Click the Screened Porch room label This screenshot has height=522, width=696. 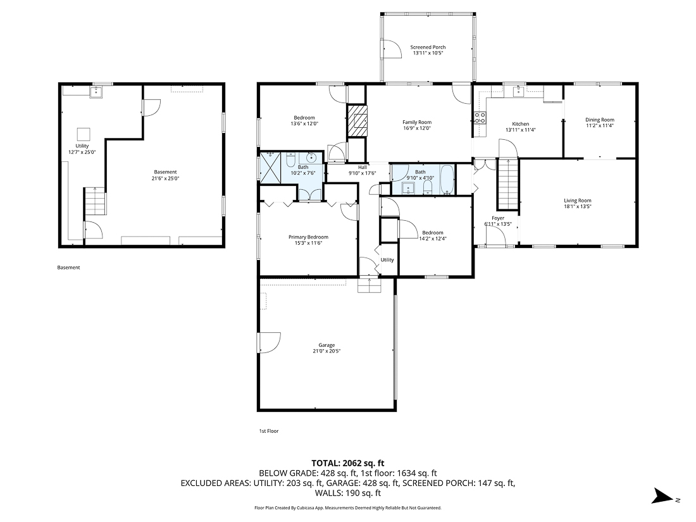(x=428, y=47)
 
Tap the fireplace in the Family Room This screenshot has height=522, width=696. (x=357, y=120)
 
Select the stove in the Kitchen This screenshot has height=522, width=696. (x=480, y=117)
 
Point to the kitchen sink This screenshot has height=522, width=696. (x=518, y=92)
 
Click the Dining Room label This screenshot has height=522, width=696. (x=599, y=120)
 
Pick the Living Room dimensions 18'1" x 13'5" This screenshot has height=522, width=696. (x=577, y=206)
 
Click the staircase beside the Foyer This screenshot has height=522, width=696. (x=507, y=184)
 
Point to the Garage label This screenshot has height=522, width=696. (x=326, y=345)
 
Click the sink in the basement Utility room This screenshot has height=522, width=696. (x=97, y=92)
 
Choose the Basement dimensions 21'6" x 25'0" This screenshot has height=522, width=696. (x=166, y=178)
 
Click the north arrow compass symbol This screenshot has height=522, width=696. (x=664, y=497)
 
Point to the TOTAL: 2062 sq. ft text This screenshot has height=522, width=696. (x=347, y=463)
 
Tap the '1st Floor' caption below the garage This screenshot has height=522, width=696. (x=268, y=431)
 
